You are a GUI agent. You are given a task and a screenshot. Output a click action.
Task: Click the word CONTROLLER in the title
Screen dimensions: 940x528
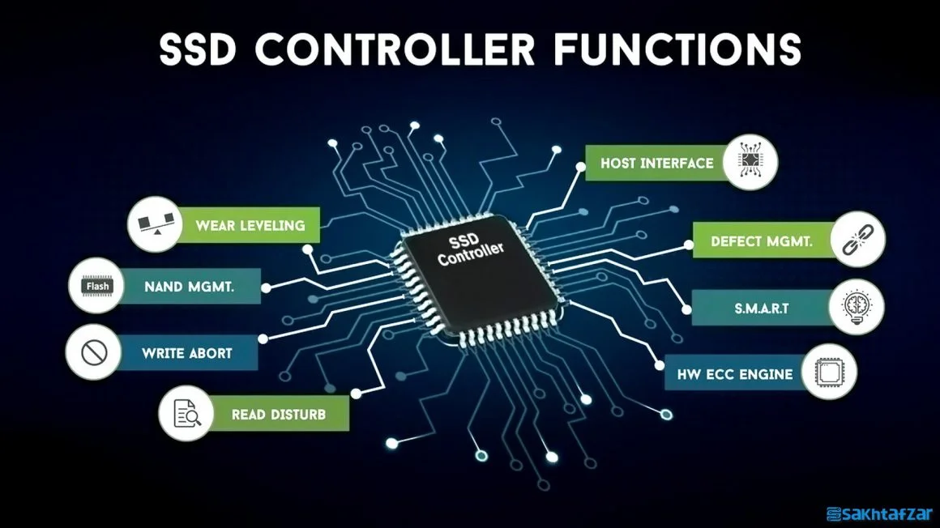[395, 49]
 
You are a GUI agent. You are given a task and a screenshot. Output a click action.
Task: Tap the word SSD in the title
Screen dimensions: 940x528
[198, 49]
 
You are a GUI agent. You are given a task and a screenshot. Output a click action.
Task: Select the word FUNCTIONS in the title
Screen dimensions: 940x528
[677, 49]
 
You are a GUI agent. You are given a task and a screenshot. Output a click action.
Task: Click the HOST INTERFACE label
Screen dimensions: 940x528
[657, 163]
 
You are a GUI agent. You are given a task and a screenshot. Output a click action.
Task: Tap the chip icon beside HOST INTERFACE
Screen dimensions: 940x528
[750, 162]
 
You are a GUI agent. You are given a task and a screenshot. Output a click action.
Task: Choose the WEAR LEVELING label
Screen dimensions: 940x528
[250, 225]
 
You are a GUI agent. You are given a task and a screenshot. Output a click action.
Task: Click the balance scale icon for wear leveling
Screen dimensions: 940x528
[156, 224]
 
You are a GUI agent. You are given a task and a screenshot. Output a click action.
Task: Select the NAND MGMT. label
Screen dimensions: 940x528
[190, 287]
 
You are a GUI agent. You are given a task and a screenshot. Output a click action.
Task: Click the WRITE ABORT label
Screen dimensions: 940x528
[187, 353]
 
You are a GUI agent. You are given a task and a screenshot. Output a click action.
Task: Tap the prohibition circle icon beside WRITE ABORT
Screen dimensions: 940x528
[94, 352]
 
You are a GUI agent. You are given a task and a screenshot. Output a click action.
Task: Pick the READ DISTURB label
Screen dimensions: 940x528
[279, 414]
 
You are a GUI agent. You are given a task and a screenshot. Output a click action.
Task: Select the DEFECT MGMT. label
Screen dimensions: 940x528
[762, 241]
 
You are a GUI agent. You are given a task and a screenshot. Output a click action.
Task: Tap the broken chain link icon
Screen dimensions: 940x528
[858, 239]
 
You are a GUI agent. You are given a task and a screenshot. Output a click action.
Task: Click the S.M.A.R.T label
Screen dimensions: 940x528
[762, 308]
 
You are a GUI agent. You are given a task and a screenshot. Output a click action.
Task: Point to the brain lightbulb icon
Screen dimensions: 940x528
[856, 307]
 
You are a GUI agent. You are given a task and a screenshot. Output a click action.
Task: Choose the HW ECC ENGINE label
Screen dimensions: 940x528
[735, 375]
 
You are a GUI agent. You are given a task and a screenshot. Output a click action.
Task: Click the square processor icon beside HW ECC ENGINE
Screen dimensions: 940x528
[829, 373]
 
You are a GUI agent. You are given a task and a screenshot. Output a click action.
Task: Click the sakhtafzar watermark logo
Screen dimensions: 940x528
[879, 513]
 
